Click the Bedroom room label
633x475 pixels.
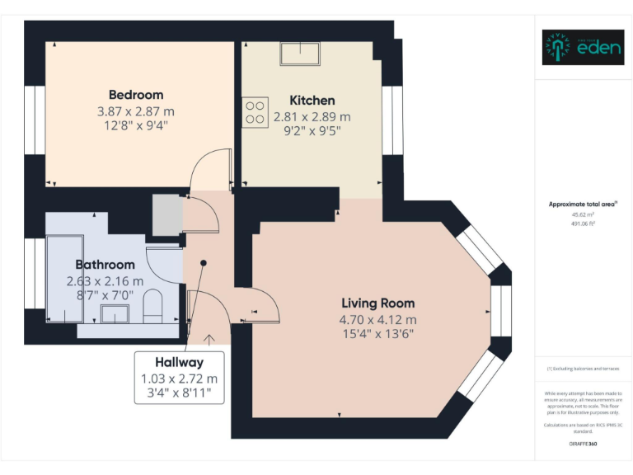click(x=136, y=95)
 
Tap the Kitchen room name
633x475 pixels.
click(x=312, y=101)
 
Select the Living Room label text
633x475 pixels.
click(x=377, y=303)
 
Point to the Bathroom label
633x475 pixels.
click(x=105, y=265)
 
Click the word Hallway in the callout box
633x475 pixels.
click(x=179, y=362)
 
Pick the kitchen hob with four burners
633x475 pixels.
click(x=255, y=112)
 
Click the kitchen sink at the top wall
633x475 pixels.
click(x=300, y=54)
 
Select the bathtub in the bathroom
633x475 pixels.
click(x=63, y=279)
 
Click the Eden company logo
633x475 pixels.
click(x=583, y=48)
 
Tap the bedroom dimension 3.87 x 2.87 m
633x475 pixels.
click(x=136, y=111)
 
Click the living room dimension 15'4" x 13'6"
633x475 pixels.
click(x=377, y=334)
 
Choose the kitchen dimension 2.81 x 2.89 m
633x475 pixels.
click(x=312, y=117)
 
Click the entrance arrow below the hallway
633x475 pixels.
click(x=209, y=338)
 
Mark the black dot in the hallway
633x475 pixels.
click(x=203, y=264)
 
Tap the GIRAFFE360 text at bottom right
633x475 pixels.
click(x=582, y=444)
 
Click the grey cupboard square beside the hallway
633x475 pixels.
click(x=166, y=215)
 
